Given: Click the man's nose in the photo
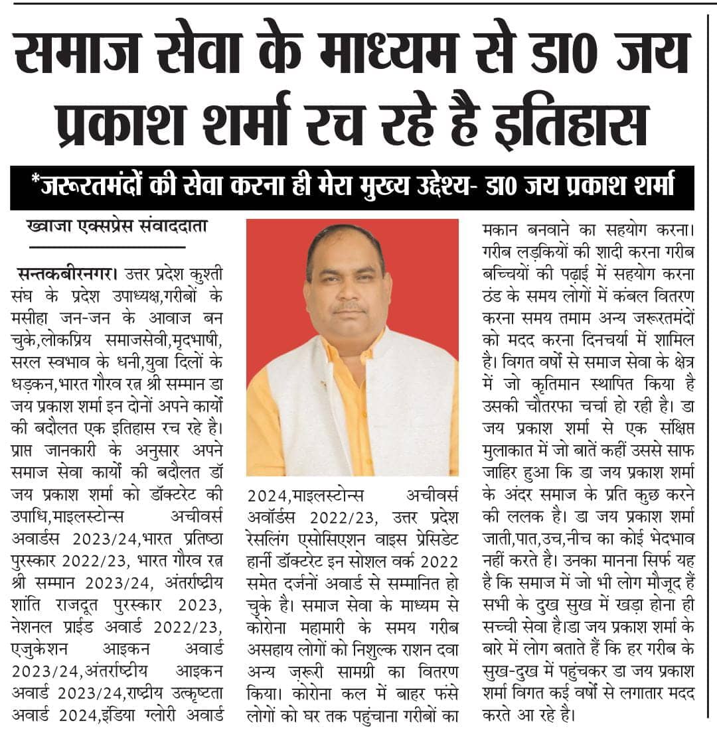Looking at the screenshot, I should point(349,293).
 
